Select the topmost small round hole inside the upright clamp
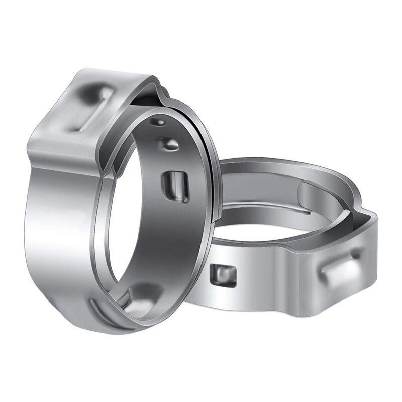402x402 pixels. click(160, 122)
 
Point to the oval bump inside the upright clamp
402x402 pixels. click(169, 144)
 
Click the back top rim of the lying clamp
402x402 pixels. click(281, 163)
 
